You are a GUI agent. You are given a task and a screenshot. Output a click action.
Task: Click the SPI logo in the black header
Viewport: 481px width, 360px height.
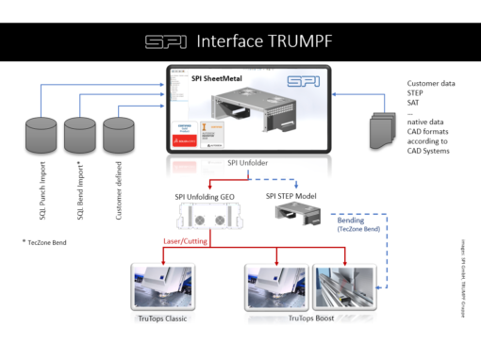click(165, 41)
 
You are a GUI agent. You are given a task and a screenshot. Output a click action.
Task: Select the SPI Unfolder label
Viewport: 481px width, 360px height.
click(247, 163)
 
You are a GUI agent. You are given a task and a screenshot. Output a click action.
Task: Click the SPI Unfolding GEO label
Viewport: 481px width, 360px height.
click(206, 196)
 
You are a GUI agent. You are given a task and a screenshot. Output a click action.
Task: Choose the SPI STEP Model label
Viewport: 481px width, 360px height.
click(294, 196)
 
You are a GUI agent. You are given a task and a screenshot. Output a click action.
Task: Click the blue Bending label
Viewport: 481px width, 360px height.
click(352, 217)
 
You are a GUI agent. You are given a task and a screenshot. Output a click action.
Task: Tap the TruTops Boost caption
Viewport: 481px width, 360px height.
click(313, 318)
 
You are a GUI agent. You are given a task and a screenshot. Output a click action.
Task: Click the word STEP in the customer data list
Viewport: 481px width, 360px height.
click(405, 94)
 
